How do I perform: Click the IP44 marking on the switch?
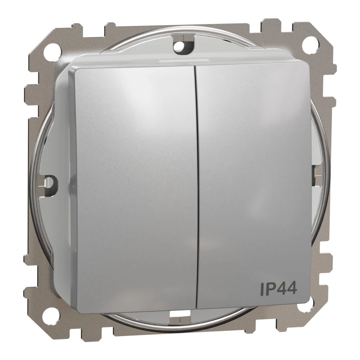[x=278, y=288]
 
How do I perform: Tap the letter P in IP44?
[x=270, y=288]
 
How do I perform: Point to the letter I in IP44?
[x=262, y=288]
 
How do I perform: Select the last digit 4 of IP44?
[x=292, y=288]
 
